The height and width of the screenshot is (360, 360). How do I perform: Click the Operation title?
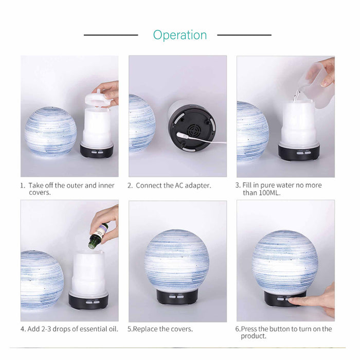[x=179, y=35]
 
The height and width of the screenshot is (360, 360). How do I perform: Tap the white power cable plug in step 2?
[x=181, y=135]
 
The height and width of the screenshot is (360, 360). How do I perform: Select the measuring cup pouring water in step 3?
[x=315, y=85]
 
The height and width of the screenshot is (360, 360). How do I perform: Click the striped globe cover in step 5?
[x=177, y=259]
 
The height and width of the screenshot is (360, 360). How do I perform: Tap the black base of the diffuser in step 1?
[x=97, y=150]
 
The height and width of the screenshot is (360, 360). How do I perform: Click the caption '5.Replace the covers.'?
[x=160, y=329]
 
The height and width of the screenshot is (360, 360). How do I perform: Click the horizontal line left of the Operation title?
[x=111, y=35]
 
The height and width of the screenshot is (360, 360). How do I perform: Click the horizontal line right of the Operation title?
[x=244, y=35]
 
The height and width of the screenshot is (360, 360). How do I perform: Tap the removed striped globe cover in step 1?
[x=50, y=131]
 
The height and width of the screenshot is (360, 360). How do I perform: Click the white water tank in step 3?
[x=299, y=123]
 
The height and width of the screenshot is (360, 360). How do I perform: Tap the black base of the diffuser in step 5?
[x=177, y=297]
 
